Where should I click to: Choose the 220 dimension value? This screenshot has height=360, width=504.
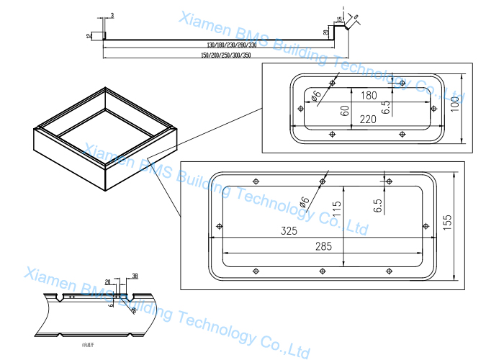pyautogui.click(x=367, y=120)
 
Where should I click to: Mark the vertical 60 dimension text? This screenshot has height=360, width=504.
pyautogui.click(x=345, y=110)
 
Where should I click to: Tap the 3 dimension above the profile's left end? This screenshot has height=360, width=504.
pyautogui.click(x=112, y=15)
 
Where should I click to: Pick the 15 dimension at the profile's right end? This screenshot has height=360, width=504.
pyautogui.click(x=338, y=19)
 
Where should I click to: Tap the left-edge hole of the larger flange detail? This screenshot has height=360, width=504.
pyautogui.click(x=217, y=225)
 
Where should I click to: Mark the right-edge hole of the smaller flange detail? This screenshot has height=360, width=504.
pyautogui.click(x=435, y=108)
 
